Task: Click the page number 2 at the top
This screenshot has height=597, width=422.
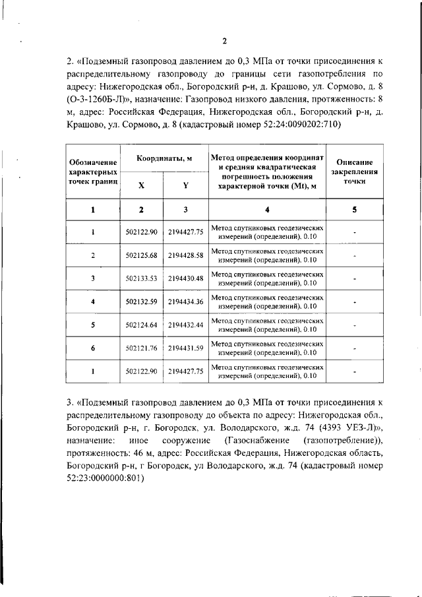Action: pyautogui.click(x=224, y=42)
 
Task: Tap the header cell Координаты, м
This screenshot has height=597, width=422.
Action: pyautogui.click(x=164, y=159)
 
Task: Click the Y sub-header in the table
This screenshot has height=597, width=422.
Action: pyautogui.click(x=185, y=185)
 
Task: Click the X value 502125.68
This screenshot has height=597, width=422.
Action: pyautogui.click(x=142, y=255)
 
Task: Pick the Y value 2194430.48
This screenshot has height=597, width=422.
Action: pyautogui.click(x=185, y=278)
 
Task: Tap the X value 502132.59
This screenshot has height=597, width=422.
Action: pyautogui.click(x=142, y=301)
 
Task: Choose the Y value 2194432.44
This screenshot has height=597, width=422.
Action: pyautogui.click(x=185, y=325)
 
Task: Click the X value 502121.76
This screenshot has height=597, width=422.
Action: pyautogui.click(x=142, y=348)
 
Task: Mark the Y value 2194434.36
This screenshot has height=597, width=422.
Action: pyautogui.click(x=185, y=301)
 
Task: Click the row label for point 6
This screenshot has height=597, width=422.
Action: pyautogui.click(x=93, y=348)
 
